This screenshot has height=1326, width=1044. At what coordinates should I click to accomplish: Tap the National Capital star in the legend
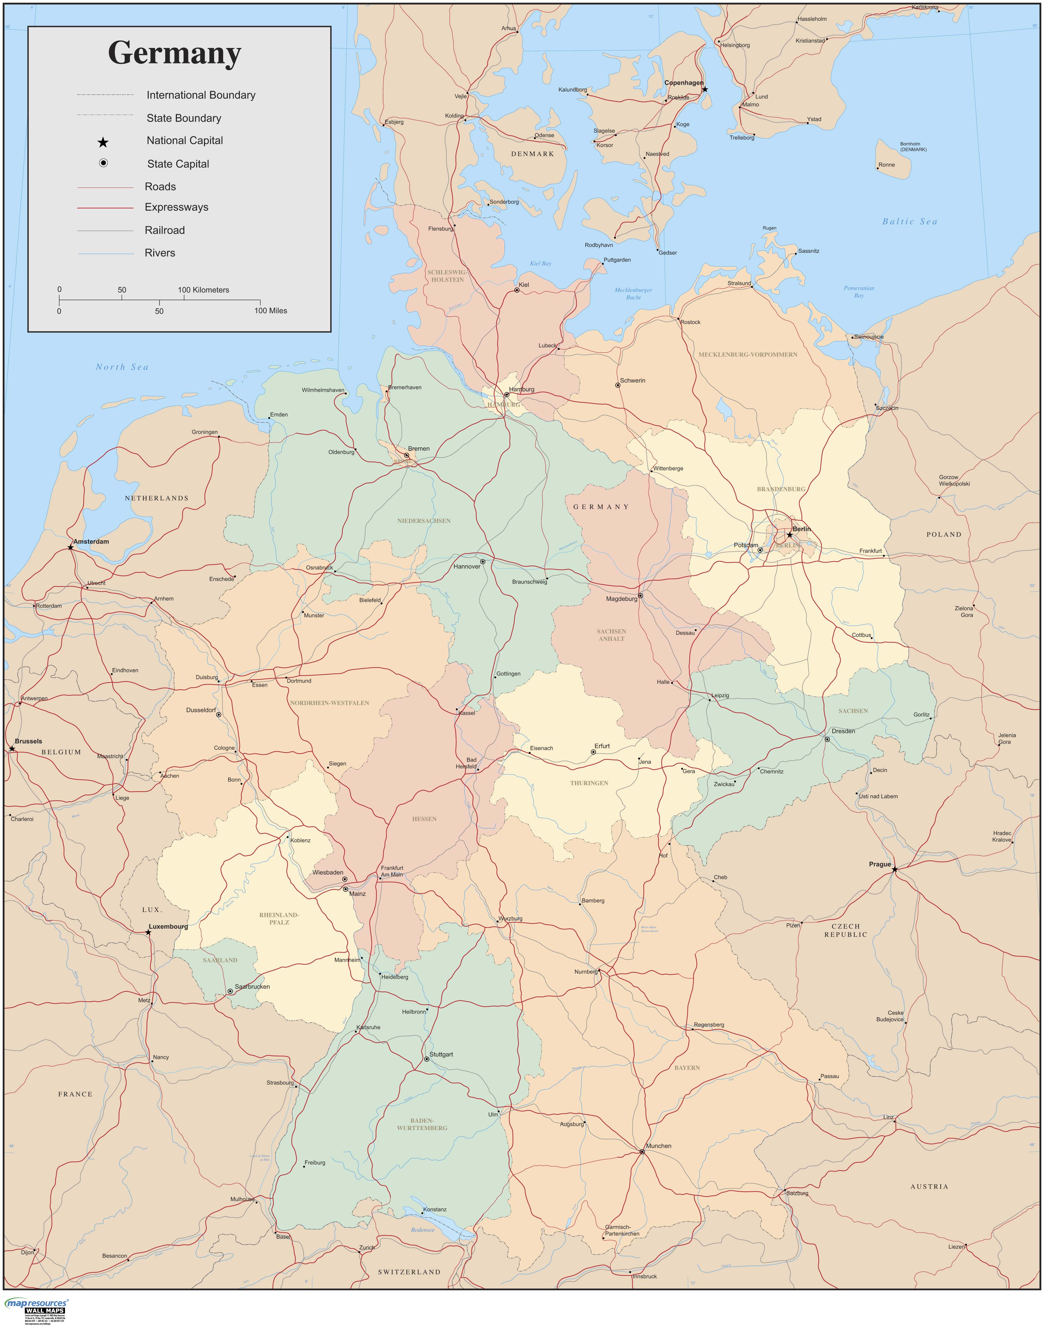click(103, 142)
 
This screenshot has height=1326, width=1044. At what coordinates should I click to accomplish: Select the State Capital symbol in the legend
click(103, 163)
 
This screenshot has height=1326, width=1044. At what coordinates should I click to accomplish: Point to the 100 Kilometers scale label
click(204, 290)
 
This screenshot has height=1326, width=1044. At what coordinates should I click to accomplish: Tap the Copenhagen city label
click(684, 83)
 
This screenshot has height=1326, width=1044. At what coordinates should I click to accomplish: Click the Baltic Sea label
click(910, 222)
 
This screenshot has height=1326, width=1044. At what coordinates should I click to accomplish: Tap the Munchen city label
click(658, 1146)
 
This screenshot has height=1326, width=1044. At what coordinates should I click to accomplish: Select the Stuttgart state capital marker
click(427, 1059)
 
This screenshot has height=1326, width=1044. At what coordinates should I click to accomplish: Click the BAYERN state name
click(687, 1068)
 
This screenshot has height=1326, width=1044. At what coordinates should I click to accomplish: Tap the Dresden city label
click(843, 731)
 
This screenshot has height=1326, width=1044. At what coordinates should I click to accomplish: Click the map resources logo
click(36, 1304)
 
